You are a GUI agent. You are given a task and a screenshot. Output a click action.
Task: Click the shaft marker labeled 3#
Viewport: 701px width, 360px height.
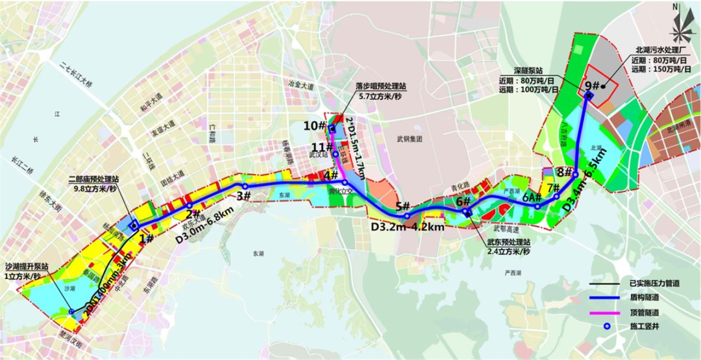pos(245,186)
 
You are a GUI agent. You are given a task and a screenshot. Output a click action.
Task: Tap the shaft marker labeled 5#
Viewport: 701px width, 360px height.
pos(407,216)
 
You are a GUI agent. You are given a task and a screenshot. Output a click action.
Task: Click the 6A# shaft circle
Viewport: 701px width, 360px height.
pos(537,206)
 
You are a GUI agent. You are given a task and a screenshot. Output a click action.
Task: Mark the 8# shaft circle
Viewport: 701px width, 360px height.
pos(576,174)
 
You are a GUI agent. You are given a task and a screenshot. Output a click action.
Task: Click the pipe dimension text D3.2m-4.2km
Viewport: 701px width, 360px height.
pos(408,228)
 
